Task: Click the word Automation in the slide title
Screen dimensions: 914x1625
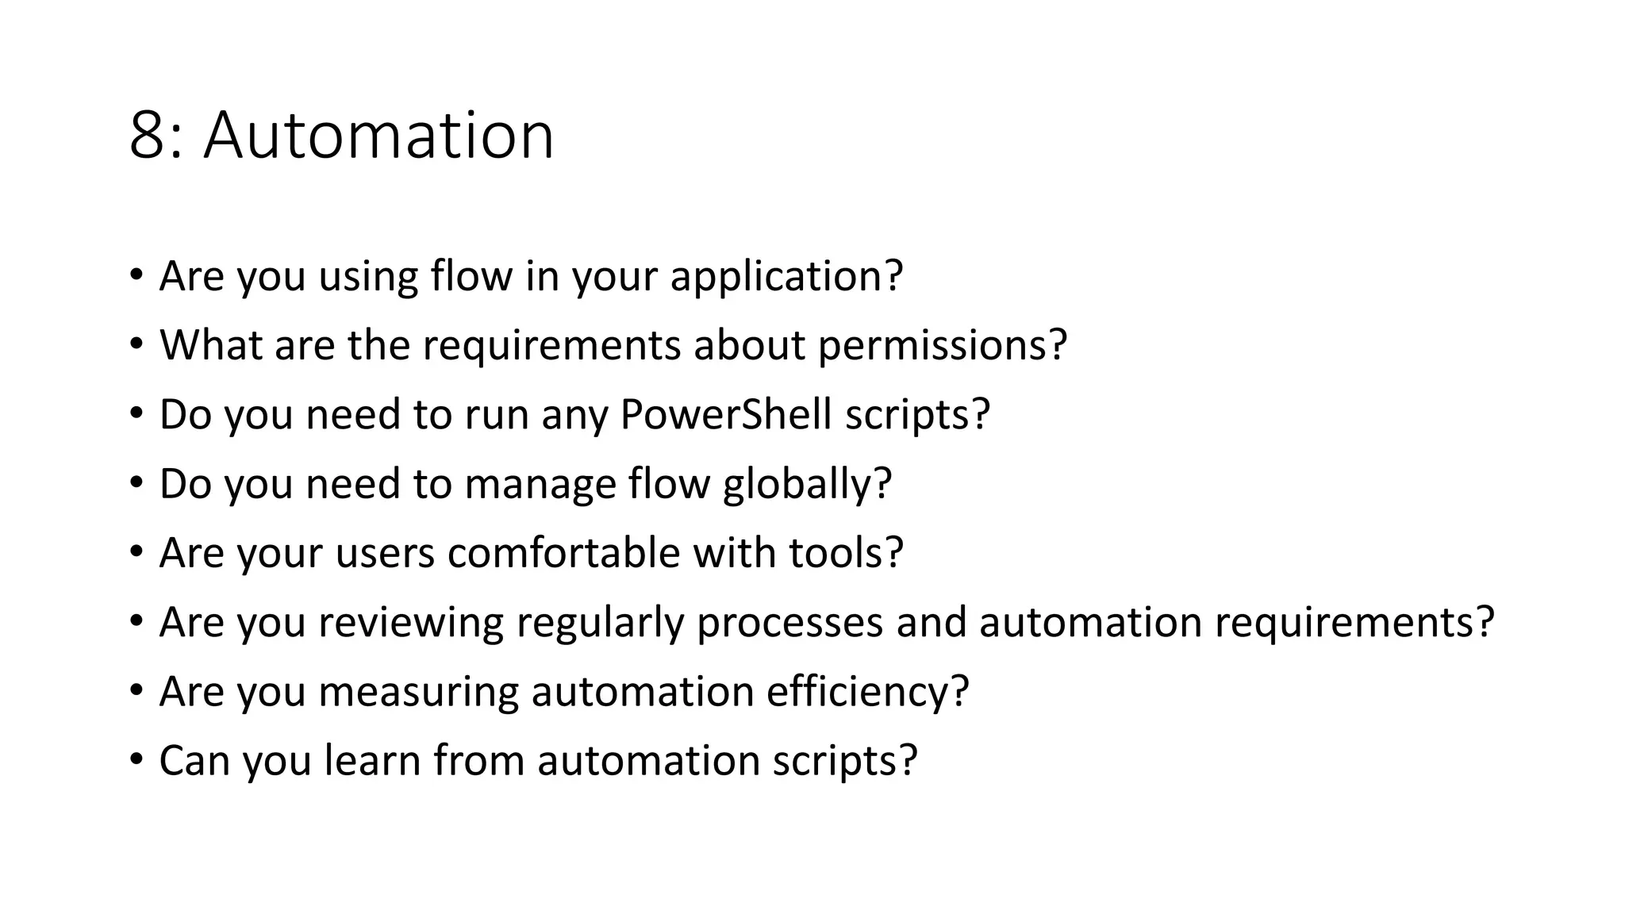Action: (378, 136)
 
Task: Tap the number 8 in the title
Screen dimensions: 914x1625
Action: (147, 136)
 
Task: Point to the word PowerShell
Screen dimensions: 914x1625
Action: (725, 414)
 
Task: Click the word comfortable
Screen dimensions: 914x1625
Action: (563, 553)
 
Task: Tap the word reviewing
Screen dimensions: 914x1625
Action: (411, 622)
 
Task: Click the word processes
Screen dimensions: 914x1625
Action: (789, 622)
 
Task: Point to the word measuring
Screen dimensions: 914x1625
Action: (418, 692)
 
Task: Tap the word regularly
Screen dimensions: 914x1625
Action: (600, 622)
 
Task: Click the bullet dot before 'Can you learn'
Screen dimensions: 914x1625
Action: (136, 760)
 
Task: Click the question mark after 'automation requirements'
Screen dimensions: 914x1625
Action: (1485, 622)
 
